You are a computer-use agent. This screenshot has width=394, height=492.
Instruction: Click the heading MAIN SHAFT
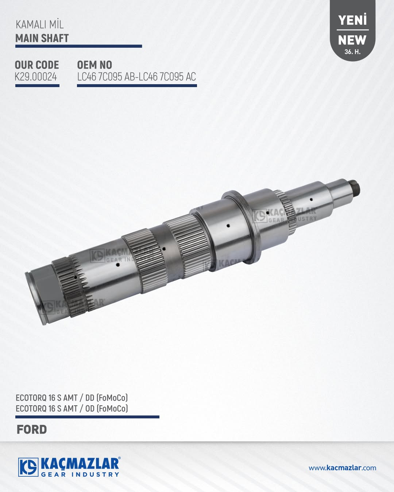coord(42,38)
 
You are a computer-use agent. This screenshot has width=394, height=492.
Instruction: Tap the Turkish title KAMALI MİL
coord(40,25)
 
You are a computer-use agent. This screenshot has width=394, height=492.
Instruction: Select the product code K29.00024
coord(36,77)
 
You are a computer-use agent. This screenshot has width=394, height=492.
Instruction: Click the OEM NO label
coord(94,65)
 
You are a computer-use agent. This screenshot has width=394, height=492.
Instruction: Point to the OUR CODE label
coord(37,65)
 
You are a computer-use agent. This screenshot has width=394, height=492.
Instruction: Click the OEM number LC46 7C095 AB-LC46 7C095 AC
coord(137,77)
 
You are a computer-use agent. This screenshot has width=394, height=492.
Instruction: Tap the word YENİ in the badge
coord(352,20)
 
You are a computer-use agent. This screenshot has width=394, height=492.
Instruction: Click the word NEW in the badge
coord(352,40)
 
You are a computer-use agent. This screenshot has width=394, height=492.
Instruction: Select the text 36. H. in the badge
coord(352,52)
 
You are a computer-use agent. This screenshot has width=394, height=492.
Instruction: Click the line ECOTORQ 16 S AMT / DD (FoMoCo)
coord(72,398)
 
